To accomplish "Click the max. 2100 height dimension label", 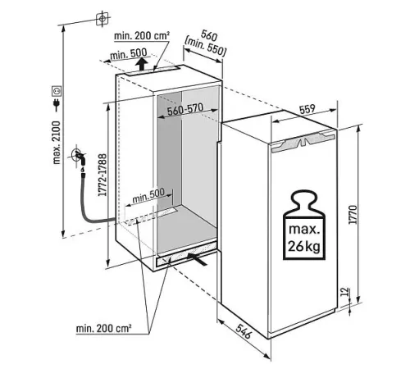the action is [x=57, y=143].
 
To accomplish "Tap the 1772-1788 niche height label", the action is [x=102, y=175].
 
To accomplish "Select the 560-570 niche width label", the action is [x=185, y=109].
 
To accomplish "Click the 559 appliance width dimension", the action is [x=307, y=109].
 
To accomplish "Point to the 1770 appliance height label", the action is [x=353, y=215].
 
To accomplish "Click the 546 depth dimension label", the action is [x=244, y=331].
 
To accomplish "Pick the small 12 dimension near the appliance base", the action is [x=345, y=292].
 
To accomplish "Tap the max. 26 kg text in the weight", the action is [x=304, y=238].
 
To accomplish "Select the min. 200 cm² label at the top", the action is [x=142, y=35].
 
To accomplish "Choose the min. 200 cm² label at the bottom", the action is [x=103, y=328].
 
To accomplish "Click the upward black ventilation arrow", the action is [x=141, y=64].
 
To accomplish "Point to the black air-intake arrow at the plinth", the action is [x=198, y=258].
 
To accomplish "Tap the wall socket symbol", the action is [x=57, y=91].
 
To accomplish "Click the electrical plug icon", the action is [x=57, y=105].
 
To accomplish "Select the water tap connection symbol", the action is [x=80, y=157].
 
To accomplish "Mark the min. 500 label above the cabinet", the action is [x=129, y=53].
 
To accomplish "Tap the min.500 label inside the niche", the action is [x=148, y=195].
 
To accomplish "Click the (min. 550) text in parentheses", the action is [x=206, y=47].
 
